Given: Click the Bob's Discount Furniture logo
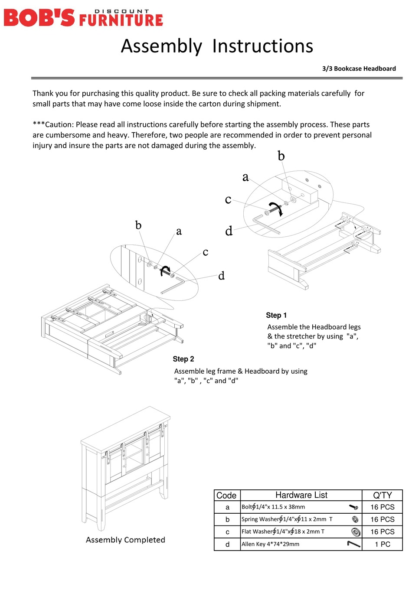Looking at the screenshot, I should [83, 17].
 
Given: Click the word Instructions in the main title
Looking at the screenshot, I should [262, 46].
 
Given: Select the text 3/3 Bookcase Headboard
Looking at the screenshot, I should [359, 68].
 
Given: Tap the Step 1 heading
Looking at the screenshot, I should [276, 315].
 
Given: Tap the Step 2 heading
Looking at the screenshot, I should [183, 359].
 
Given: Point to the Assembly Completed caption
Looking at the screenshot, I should [125, 540].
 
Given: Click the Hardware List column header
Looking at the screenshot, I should [301, 495].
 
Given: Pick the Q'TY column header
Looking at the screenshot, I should [382, 495].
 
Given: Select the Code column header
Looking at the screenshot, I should [226, 495].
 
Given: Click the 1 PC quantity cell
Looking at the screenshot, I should [382, 544].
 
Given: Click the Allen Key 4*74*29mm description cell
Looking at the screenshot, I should [270, 544].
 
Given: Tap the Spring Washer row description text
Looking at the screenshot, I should [287, 519].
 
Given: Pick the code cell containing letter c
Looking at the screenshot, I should [227, 532].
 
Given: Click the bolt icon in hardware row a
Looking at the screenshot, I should [353, 507].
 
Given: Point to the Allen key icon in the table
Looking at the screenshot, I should [354, 544].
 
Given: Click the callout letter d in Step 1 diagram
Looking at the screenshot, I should [229, 231].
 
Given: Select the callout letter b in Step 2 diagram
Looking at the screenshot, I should [138, 225].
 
